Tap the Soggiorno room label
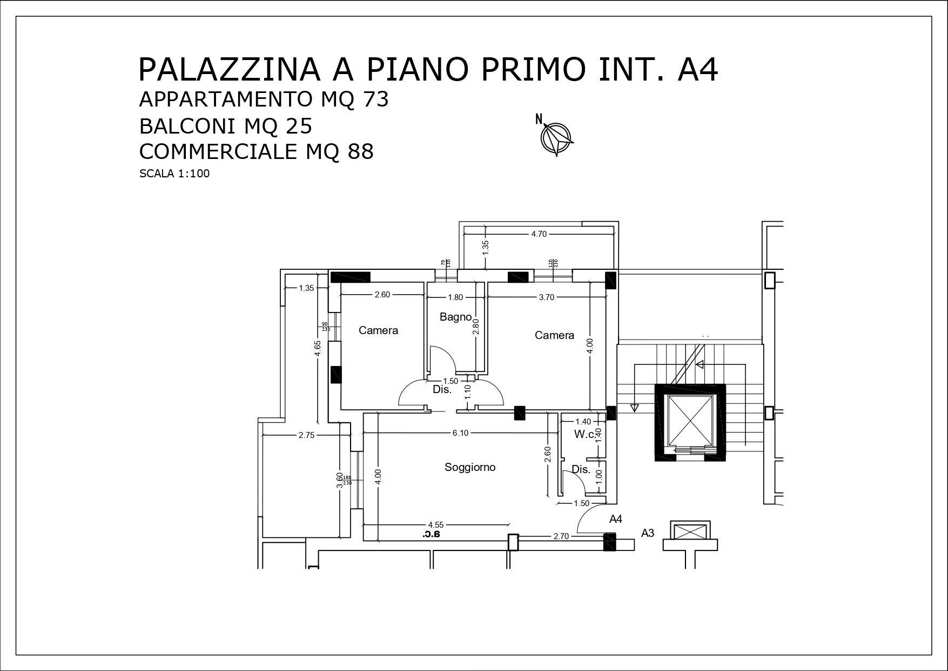(470, 467)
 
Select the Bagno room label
(455, 317)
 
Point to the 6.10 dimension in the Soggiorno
(460, 433)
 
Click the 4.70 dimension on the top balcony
(539, 234)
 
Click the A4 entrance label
(616, 519)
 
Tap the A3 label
(648, 533)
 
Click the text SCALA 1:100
(174, 174)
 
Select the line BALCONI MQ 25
(226, 126)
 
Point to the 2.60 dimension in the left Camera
(382, 295)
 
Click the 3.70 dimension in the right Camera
(547, 297)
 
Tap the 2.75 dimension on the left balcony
(306, 435)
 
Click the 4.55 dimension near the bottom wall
(436, 524)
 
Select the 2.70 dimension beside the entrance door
(561, 536)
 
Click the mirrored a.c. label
(432, 535)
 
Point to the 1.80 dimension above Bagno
(455, 297)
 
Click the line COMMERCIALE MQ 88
(256, 151)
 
